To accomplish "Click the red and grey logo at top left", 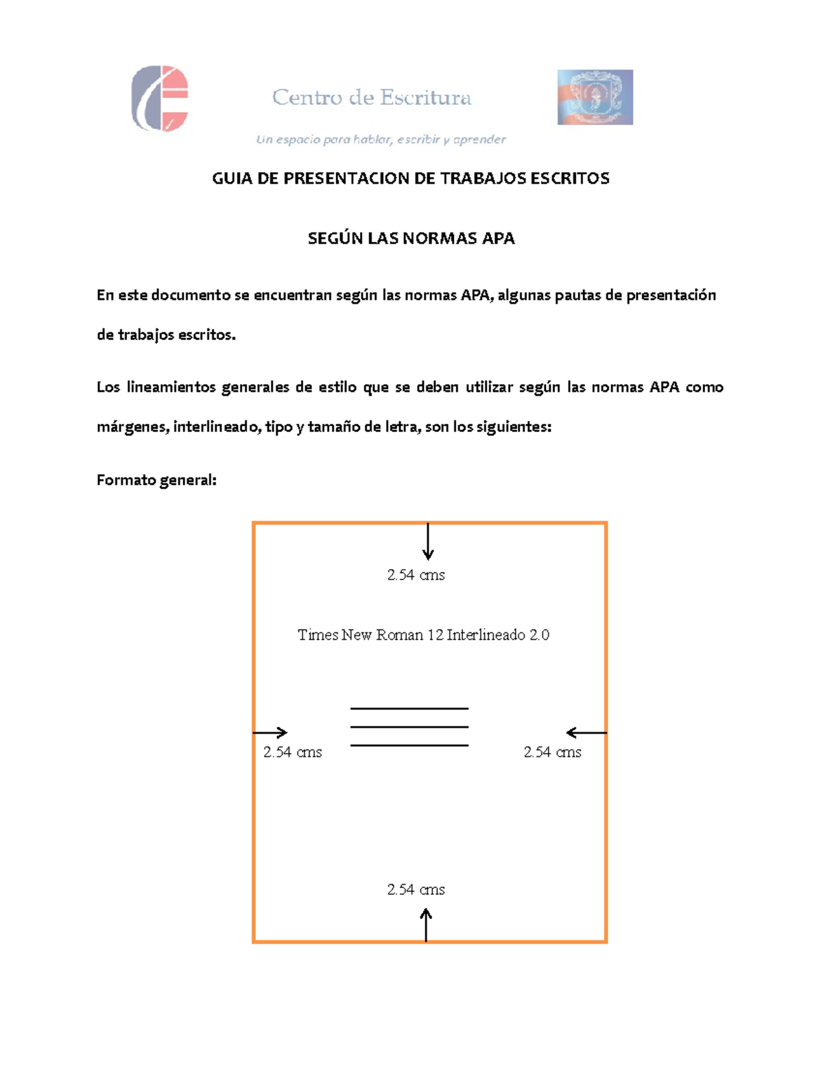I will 160,98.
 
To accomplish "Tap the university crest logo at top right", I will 595,97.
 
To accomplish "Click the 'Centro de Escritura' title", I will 372,98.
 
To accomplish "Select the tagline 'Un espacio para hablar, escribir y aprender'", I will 381,140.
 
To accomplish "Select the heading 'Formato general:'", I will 156,480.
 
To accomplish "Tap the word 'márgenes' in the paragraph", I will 132,427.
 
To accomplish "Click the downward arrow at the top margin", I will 428,542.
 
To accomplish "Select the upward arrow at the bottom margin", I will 426,924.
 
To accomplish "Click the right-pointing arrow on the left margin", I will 270,732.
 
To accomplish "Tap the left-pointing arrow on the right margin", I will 586,733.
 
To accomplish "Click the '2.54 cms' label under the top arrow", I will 416,575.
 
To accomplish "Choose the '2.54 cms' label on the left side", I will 292,752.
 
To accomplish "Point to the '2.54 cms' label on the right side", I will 552,752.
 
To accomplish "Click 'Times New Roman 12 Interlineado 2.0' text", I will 423,635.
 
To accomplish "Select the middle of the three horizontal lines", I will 409,727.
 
